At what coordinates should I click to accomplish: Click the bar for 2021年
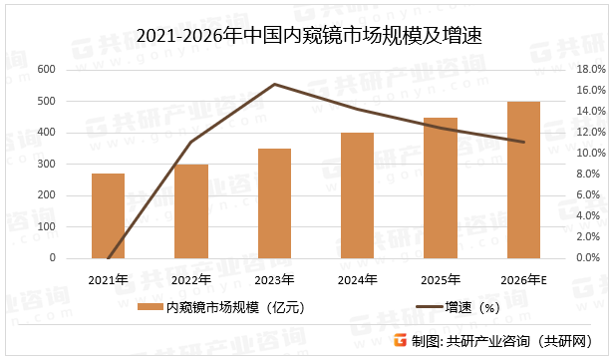108,215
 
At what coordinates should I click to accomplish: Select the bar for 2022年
191,211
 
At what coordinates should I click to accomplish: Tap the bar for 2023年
274,203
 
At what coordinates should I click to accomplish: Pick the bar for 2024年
357,195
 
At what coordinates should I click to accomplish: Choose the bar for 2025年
441,187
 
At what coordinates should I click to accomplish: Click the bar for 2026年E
523,180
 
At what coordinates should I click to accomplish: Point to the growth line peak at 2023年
274,84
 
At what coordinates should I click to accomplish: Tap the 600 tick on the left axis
46,70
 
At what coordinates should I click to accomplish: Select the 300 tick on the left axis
46,164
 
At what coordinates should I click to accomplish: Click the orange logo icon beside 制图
400,340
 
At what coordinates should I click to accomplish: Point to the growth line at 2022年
191,142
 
